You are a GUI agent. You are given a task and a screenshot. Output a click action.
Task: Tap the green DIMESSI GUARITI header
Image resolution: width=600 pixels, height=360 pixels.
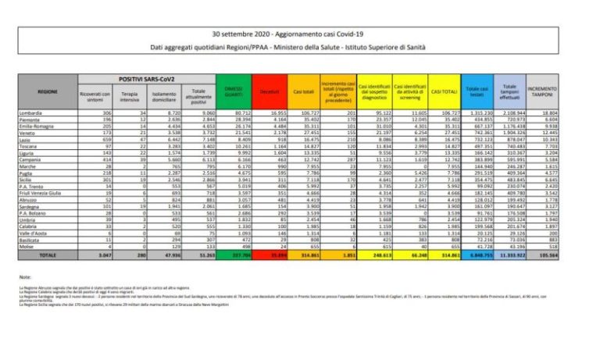point(234,92)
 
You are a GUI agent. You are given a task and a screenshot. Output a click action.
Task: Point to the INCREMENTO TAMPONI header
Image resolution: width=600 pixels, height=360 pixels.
point(542,92)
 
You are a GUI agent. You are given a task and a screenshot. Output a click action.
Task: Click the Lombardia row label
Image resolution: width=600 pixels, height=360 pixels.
point(31,113)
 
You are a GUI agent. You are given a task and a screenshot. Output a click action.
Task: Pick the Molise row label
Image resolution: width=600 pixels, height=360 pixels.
point(28,247)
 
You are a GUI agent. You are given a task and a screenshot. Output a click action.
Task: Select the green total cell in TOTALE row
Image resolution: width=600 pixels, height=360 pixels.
point(234,255)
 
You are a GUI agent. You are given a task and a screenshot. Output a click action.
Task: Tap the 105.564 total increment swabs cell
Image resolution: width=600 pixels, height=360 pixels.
point(544,255)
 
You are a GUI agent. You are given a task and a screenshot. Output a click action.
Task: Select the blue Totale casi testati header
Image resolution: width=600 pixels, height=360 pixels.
point(477,92)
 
